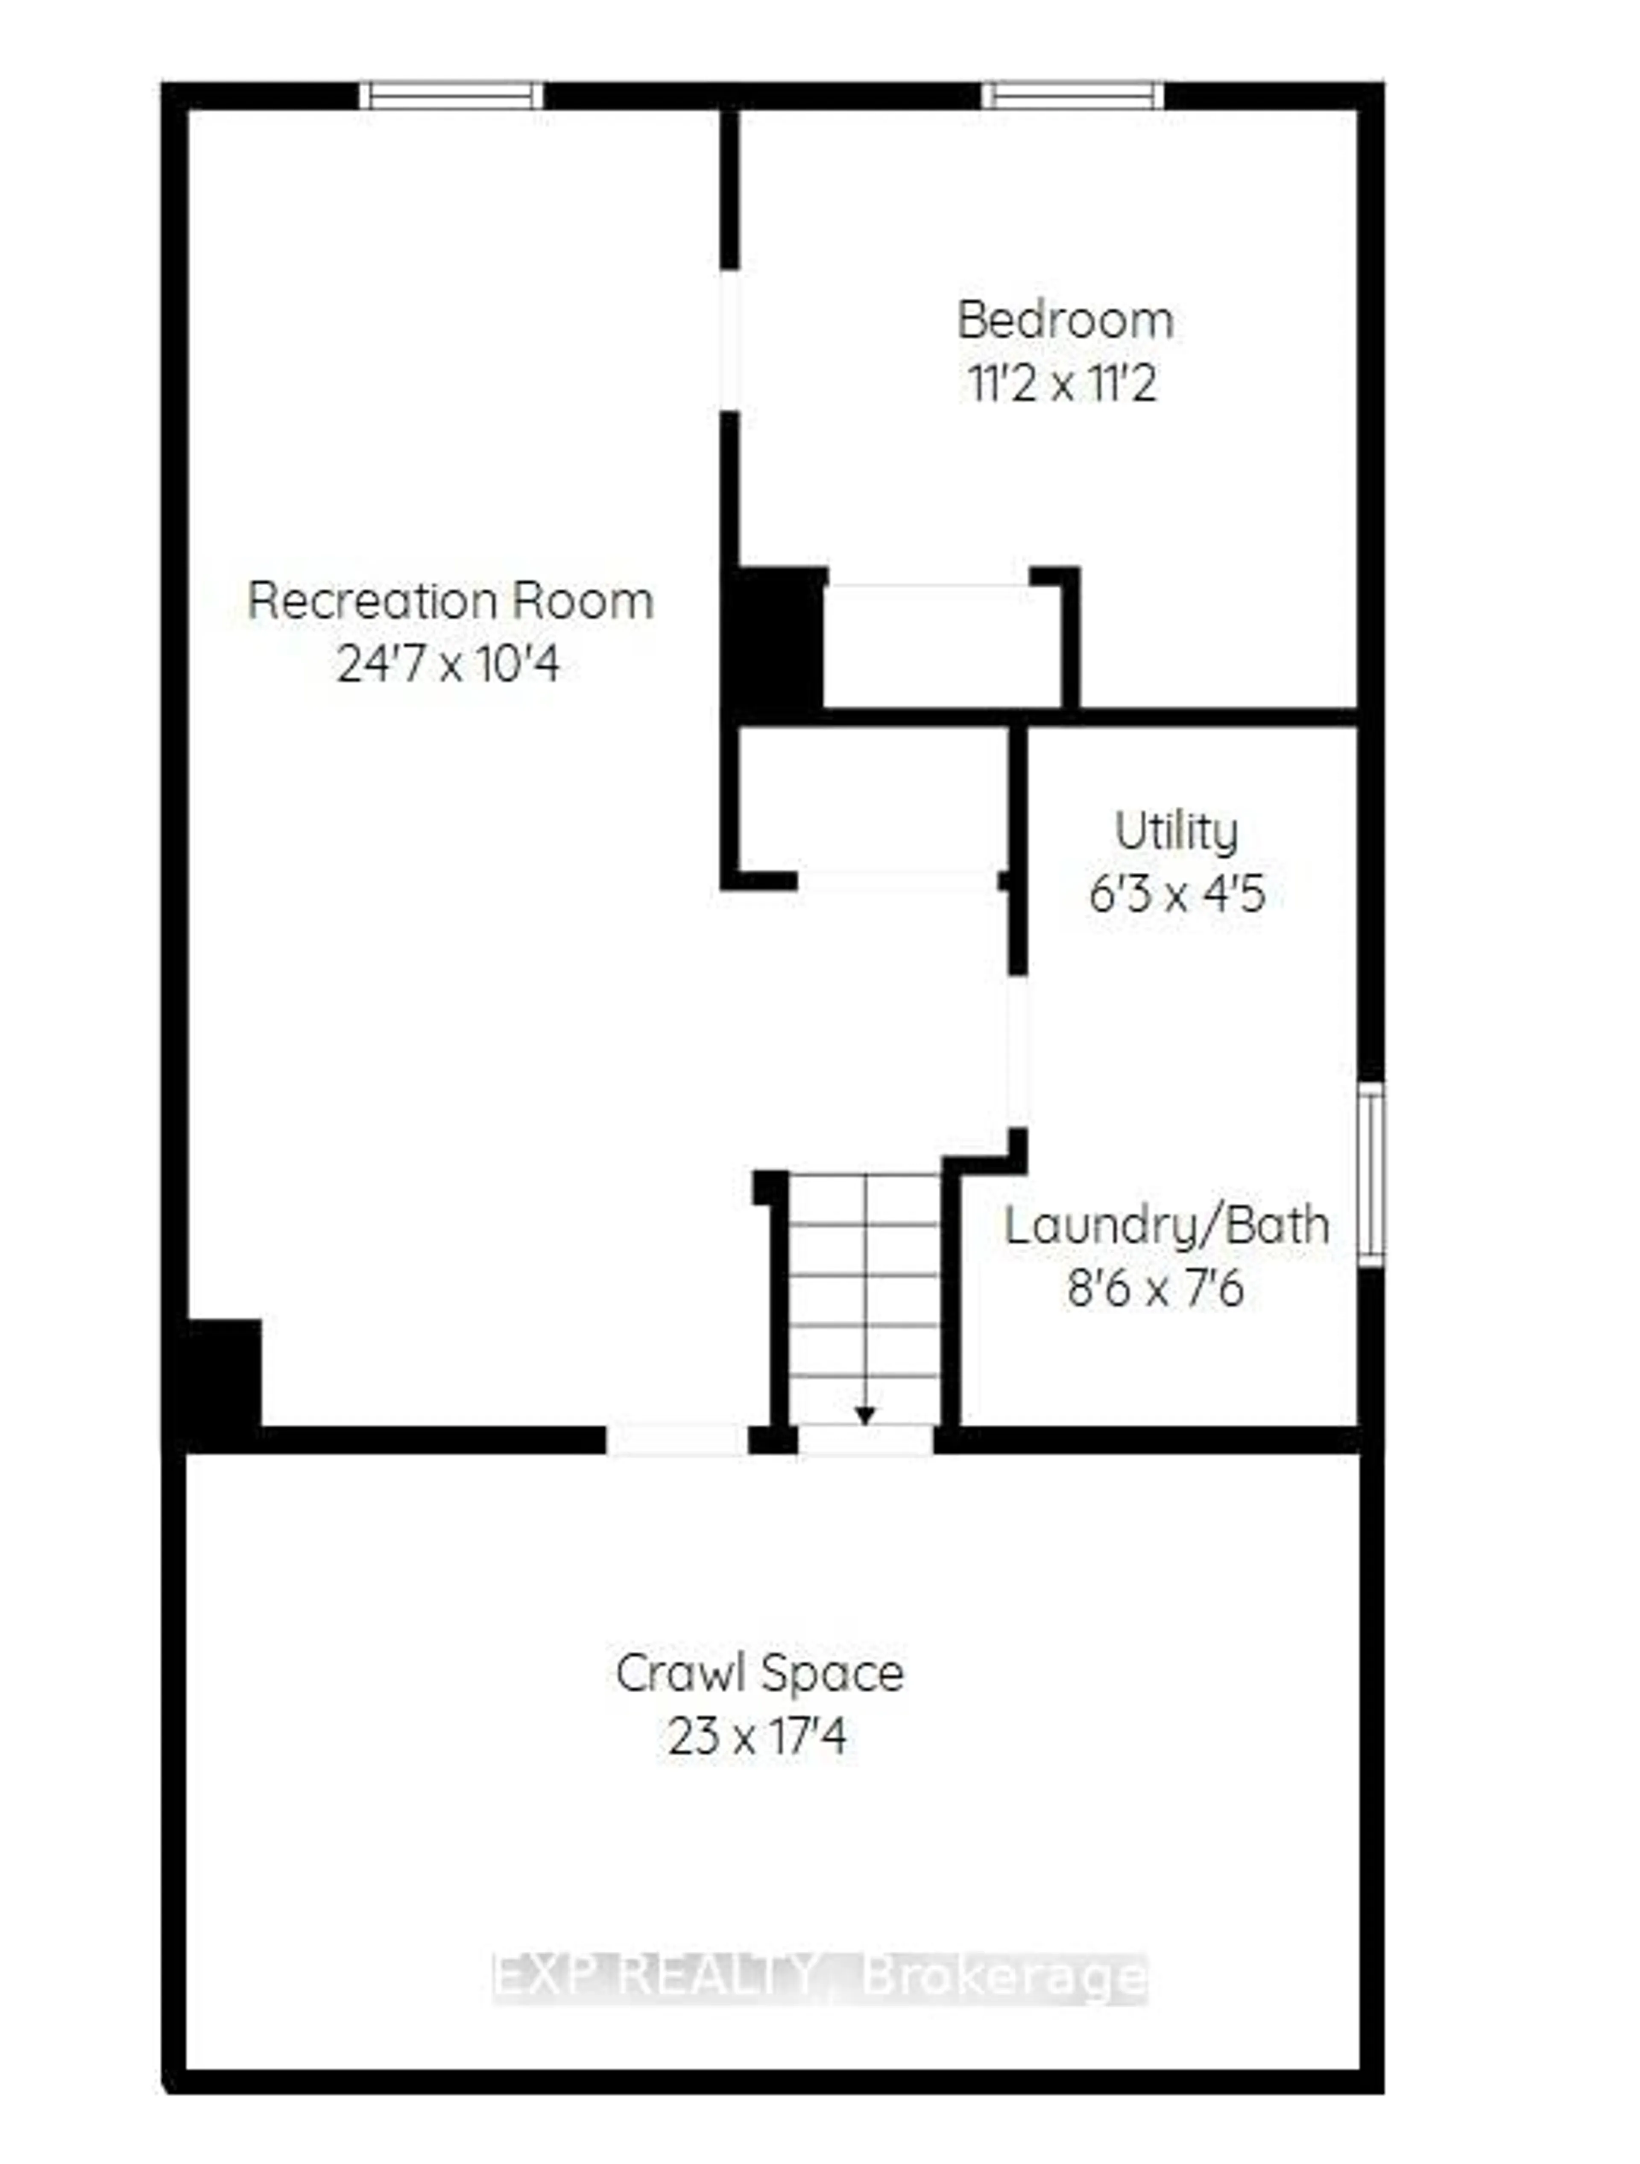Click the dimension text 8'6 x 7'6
1155,1288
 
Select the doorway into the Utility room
1018,1052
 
